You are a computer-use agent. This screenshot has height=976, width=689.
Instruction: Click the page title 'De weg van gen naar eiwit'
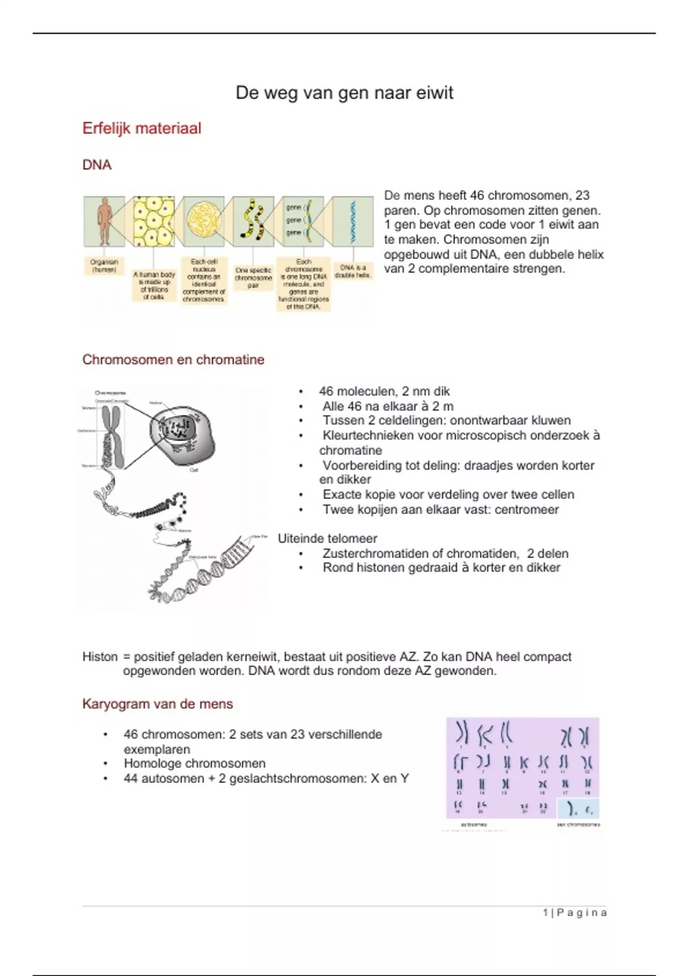(344, 93)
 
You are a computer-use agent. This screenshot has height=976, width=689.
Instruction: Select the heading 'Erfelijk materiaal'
(142, 128)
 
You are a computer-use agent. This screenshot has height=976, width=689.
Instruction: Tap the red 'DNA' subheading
(96, 165)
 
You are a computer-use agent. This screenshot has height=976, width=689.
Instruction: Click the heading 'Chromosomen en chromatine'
(173, 360)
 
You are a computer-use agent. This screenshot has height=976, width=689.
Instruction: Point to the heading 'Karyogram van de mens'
(157, 704)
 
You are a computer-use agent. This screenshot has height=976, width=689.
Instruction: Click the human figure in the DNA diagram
(104, 221)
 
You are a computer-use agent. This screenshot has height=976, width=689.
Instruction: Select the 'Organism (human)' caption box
(104, 265)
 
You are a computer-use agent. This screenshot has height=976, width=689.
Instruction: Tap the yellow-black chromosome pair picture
(253, 221)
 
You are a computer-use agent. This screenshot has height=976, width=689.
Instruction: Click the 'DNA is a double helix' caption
(353, 272)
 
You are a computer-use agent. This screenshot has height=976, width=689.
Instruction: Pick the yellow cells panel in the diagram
(154, 221)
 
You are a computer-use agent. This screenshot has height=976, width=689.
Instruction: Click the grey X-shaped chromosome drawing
(113, 436)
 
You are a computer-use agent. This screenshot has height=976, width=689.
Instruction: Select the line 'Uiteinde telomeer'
(327, 539)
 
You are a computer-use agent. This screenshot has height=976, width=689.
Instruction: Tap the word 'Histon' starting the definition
(100, 657)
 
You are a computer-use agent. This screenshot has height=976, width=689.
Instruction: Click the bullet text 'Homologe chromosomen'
(195, 764)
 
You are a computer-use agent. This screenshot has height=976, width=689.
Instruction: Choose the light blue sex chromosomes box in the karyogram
(578, 808)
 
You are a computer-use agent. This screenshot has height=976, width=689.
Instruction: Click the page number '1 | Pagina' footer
(574, 913)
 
